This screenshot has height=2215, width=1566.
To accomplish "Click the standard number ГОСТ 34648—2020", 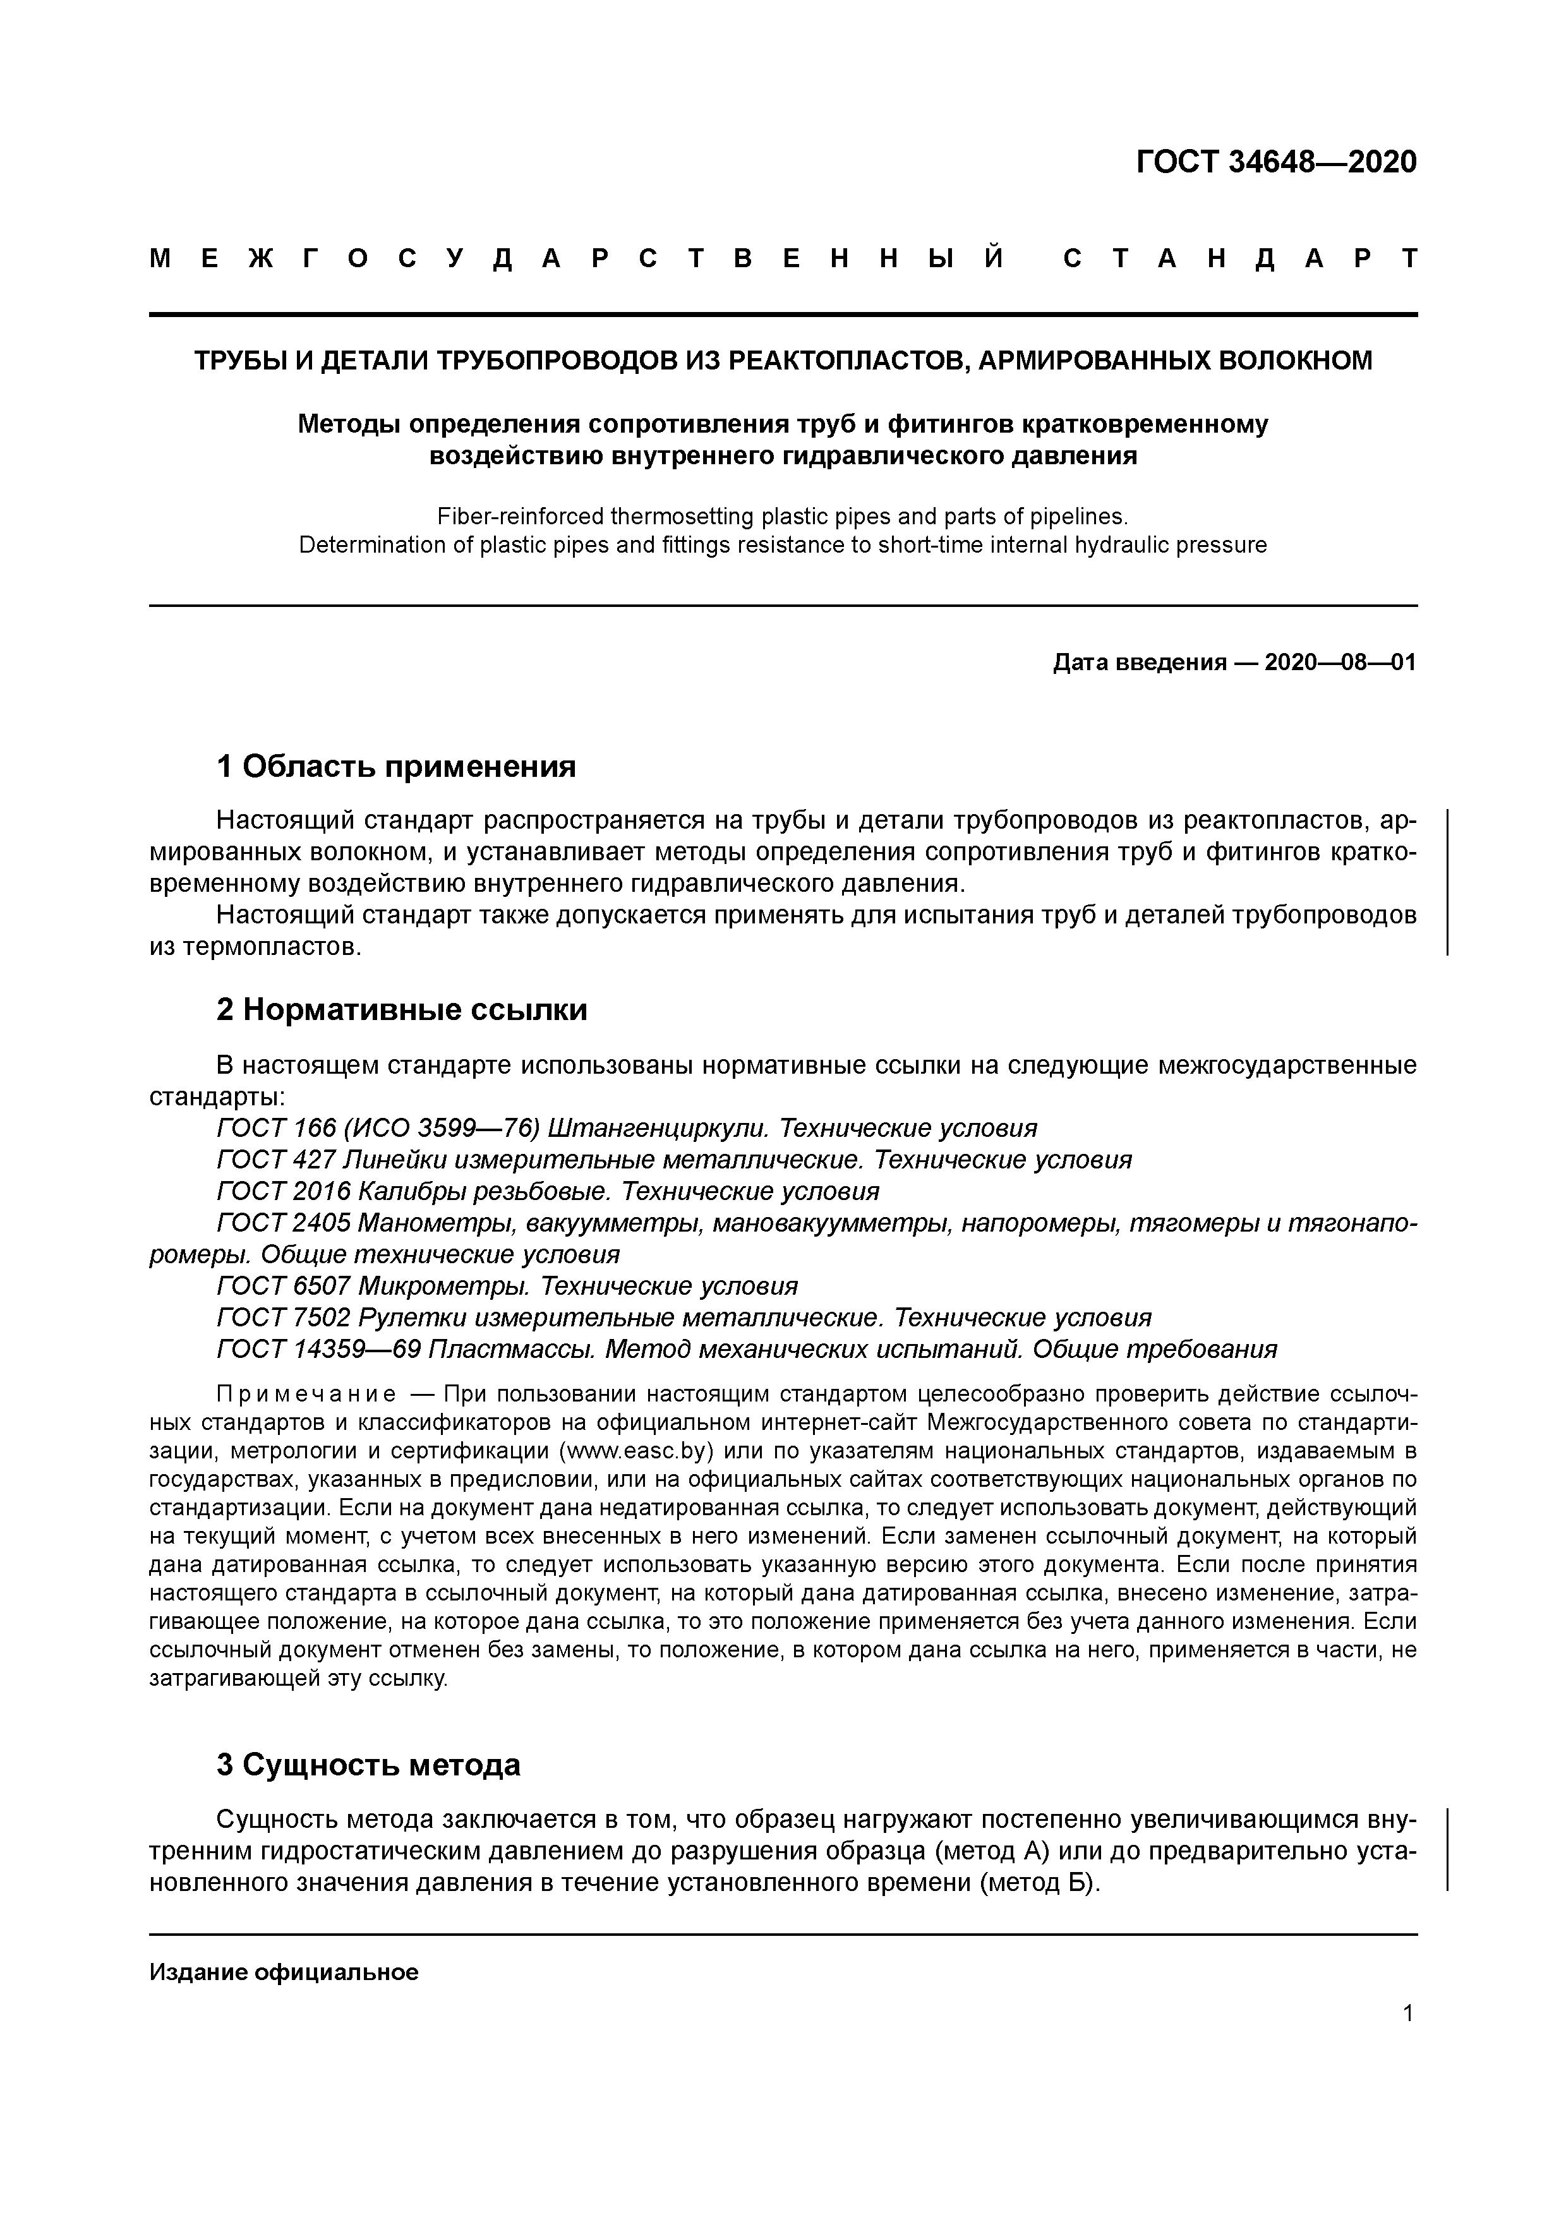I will pyautogui.click(x=1275, y=162).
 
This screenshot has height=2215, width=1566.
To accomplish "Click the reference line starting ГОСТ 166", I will pyautogui.click(x=627, y=1128).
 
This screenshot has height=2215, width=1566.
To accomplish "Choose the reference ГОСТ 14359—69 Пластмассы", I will pyautogui.click(x=747, y=1350).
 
